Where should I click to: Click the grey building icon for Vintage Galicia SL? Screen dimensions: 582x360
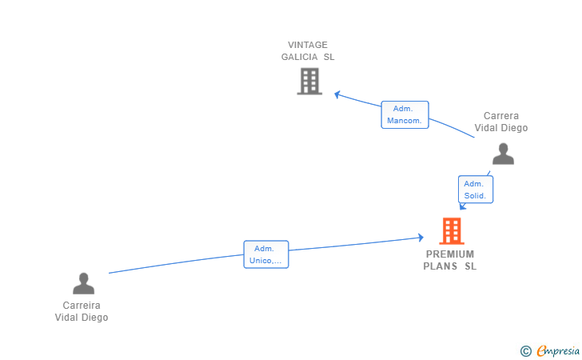(x=309, y=82)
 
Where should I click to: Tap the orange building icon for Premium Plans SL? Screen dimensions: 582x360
(x=452, y=231)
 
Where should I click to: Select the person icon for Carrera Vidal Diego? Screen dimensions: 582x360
(x=503, y=154)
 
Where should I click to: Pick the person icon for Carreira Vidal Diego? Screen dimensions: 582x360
(x=83, y=283)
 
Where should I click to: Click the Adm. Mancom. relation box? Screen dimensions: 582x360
(x=405, y=114)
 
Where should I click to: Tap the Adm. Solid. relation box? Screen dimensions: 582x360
(x=476, y=190)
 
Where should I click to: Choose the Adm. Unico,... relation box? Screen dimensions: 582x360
(x=266, y=254)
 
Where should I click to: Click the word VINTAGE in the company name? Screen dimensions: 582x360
(x=308, y=45)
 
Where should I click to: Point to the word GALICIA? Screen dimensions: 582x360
(x=300, y=57)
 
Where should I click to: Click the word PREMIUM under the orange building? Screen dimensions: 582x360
(x=450, y=254)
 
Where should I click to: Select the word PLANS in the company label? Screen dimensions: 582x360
(x=440, y=266)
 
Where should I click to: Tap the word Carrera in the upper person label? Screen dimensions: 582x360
(x=501, y=116)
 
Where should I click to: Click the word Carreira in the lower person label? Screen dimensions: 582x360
(x=82, y=306)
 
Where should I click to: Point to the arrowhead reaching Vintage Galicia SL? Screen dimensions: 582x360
(x=337, y=94)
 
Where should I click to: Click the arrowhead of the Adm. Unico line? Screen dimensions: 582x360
(x=421, y=238)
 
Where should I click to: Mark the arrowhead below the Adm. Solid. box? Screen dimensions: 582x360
(x=462, y=206)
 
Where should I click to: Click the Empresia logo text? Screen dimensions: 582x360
(x=558, y=350)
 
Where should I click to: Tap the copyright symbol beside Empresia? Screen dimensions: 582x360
(x=525, y=351)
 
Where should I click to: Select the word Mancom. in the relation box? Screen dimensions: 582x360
(x=405, y=121)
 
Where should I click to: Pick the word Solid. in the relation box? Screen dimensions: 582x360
(x=475, y=196)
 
